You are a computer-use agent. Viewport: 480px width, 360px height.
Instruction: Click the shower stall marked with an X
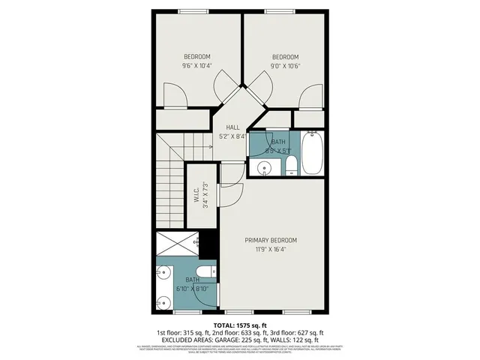(x=178, y=245)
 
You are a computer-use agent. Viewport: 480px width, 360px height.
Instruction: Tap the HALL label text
(x=233, y=127)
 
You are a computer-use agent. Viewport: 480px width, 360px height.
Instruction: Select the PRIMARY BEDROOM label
(x=271, y=240)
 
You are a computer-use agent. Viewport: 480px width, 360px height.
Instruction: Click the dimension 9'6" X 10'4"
(x=196, y=66)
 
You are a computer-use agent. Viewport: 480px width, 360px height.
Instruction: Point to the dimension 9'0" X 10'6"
(x=285, y=66)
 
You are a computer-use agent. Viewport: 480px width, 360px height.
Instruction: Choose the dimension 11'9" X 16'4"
(x=271, y=249)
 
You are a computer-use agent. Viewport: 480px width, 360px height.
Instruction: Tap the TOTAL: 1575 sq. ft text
(x=240, y=325)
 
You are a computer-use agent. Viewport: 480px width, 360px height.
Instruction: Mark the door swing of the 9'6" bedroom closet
(x=173, y=95)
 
